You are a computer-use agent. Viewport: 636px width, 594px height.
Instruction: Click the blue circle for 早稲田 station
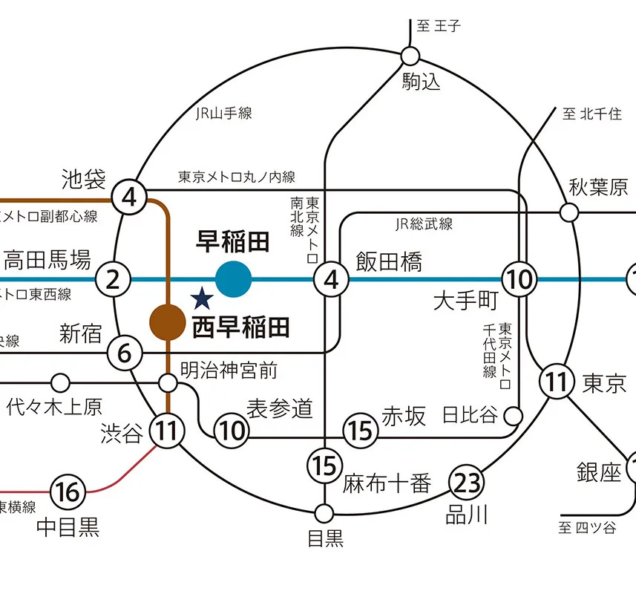pyautogui.click(x=234, y=279)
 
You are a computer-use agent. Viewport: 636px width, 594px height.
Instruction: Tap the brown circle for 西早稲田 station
pyautogui.click(x=168, y=322)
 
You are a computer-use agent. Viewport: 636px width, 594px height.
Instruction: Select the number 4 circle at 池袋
pyautogui.click(x=129, y=198)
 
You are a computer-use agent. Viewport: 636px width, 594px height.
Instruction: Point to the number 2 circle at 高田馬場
pyautogui.click(x=113, y=280)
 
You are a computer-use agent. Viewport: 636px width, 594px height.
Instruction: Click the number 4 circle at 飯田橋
pyautogui.click(x=331, y=280)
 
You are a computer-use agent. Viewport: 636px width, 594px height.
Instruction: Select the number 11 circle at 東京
pyautogui.click(x=557, y=382)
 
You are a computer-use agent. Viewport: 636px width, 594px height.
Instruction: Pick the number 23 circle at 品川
pyautogui.click(x=468, y=483)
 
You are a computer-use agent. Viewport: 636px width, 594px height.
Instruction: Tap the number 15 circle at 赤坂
pyautogui.click(x=360, y=430)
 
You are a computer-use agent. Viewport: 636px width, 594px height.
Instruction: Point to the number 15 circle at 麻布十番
pyautogui.click(x=324, y=466)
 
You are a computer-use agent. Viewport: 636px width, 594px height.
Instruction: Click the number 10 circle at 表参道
pyautogui.click(x=232, y=430)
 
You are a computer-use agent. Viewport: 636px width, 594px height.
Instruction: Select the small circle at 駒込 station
pyautogui.click(x=410, y=56)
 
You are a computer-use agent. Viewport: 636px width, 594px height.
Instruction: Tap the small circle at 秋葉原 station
pyautogui.click(x=569, y=213)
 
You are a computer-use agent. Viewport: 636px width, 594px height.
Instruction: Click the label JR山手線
pyautogui.click(x=224, y=114)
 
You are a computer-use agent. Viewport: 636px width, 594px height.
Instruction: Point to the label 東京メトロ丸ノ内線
pyautogui.click(x=237, y=177)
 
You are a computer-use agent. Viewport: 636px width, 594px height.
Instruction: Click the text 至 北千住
pyautogui.click(x=591, y=114)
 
